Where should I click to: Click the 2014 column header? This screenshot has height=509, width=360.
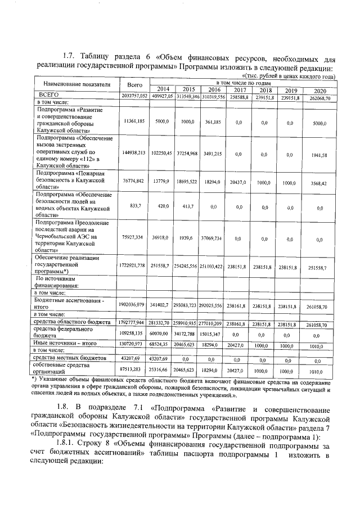163,89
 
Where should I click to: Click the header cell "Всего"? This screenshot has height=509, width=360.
134,85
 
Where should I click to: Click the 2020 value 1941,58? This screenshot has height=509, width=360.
320,154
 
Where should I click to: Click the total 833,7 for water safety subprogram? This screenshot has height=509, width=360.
134,206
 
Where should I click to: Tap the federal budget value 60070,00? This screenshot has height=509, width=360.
163,334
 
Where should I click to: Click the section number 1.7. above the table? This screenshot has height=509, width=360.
69,56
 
